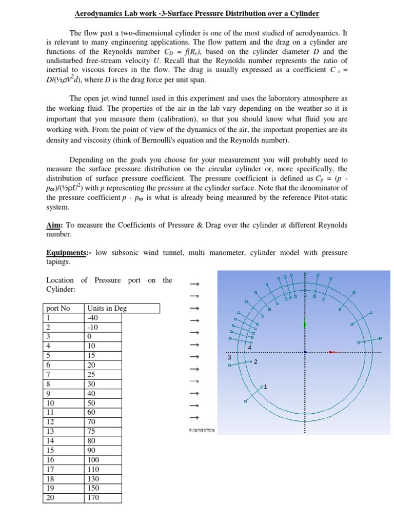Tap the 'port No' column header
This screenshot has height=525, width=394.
[x=58, y=308]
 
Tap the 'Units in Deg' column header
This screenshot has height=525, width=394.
[x=107, y=308]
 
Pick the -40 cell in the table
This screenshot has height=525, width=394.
[x=93, y=318]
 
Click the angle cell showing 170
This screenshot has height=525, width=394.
[x=94, y=497]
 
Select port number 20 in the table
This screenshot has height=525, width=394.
[x=50, y=497]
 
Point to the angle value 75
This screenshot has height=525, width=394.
[x=92, y=431]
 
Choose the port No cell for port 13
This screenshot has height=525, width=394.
[x=50, y=431]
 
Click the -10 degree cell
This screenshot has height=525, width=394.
[x=93, y=327]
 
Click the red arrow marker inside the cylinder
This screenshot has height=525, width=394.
[x=334, y=352]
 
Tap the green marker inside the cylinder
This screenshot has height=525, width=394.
[x=305, y=323]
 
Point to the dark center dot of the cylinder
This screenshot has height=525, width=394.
[x=305, y=352]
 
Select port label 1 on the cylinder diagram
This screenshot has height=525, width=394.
[x=266, y=386]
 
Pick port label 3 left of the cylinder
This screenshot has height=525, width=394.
[x=229, y=356]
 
